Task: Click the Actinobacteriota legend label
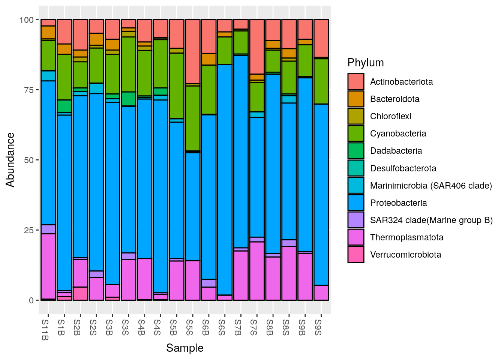click(x=401, y=82)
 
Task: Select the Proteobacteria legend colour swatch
click(x=355, y=203)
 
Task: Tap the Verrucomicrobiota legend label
click(x=405, y=255)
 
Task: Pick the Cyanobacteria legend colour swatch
click(x=355, y=133)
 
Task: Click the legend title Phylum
click(x=366, y=63)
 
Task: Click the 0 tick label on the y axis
click(x=31, y=300)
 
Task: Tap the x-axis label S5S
click(x=190, y=327)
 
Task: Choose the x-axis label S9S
click(x=318, y=327)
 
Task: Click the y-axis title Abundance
click(x=10, y=160)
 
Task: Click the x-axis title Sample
click(x=184, y=348)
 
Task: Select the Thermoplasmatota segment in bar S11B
click(x=48, y=266)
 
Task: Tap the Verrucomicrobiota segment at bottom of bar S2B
click(x=80, y=293)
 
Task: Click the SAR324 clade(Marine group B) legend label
click(x=431, y=220)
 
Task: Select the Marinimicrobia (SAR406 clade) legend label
click(x=431, y=186)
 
